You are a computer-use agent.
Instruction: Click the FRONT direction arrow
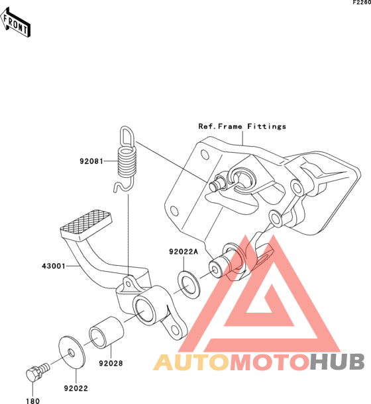click(15, 22)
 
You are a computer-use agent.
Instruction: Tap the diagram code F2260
click(362, 3)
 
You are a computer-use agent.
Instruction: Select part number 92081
click(91, 161)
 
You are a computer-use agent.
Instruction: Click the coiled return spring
click(127, 160)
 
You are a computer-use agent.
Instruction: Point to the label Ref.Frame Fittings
click(242, 126)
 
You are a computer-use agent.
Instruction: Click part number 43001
click(54, 266)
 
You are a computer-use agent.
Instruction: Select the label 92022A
click(184, 252)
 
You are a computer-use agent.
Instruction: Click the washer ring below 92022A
click(188, 284)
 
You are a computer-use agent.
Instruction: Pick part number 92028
click(111, 364)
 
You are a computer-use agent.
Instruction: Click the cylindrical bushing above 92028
click(106, 333)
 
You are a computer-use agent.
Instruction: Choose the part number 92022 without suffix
click(76, 388)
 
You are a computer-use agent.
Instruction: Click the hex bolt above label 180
click(37, 372)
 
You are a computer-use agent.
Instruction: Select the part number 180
click(32, 401)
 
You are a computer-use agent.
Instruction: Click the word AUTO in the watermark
click(191, 362)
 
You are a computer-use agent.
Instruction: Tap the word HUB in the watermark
click(337, 362)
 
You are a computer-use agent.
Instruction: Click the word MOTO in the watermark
click(270, 362)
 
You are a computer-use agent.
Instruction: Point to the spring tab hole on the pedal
click(129, 284)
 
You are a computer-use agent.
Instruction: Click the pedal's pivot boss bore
click(145, 309)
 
